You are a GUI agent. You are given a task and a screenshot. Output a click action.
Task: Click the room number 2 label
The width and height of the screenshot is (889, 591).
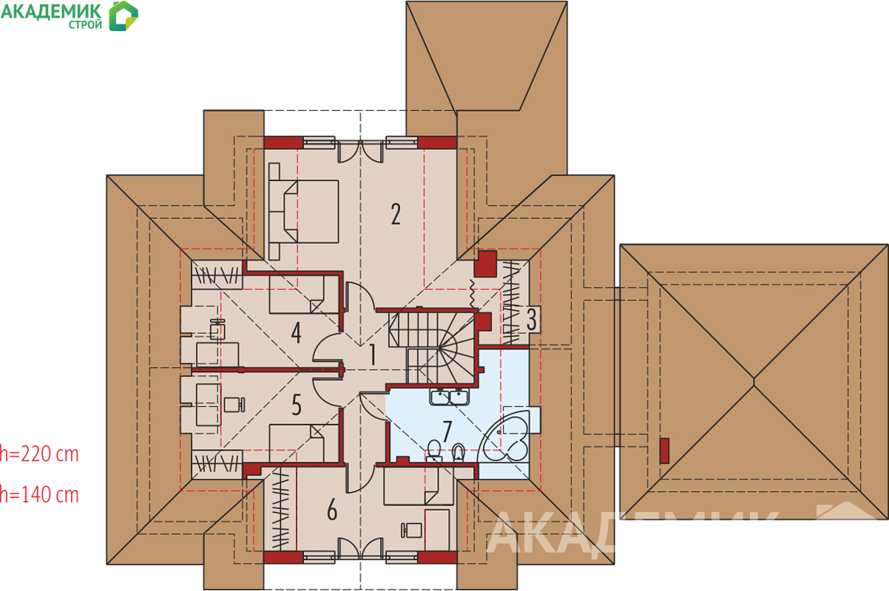coord(396,214)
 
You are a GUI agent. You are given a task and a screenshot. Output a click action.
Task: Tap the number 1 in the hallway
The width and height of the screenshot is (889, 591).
coord(372,355)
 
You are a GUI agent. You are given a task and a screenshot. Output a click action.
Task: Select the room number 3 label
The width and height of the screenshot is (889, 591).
coord(532,319)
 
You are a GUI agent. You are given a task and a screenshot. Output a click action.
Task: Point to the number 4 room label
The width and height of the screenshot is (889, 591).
coord(296,332)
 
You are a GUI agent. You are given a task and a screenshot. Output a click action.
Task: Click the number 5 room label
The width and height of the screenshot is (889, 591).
coord(296,405)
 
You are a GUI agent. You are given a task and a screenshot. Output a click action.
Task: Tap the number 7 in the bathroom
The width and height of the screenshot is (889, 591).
coord(447,431)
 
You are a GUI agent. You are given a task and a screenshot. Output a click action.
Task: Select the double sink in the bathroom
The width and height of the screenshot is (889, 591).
coord(449,397)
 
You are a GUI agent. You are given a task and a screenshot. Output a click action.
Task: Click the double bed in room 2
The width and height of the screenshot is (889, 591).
coord(304,211)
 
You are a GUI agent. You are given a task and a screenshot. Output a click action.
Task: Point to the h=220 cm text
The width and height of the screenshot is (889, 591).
coord(39,454)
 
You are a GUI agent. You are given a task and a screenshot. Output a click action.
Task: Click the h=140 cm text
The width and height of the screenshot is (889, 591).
coord(39,495)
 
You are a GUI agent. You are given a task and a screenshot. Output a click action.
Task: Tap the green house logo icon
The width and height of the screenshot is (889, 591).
coord(124,16)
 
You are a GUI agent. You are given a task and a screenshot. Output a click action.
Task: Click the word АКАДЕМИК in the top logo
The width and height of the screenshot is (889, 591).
coord(51,11)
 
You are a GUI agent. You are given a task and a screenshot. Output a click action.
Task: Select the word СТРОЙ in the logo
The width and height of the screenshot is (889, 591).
coord(85,25)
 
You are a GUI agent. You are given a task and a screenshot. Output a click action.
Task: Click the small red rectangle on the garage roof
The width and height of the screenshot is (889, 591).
coord(664,451)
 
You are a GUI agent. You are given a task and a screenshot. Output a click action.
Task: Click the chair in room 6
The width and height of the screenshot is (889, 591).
coord(411,530)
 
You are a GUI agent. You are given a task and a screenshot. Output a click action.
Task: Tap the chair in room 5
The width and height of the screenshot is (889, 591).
coord(234,405)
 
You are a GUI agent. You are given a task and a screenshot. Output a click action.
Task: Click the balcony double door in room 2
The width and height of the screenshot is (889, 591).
coord(360,151)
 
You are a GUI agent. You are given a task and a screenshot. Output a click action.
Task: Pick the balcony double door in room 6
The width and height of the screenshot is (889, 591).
coord(360,549)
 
